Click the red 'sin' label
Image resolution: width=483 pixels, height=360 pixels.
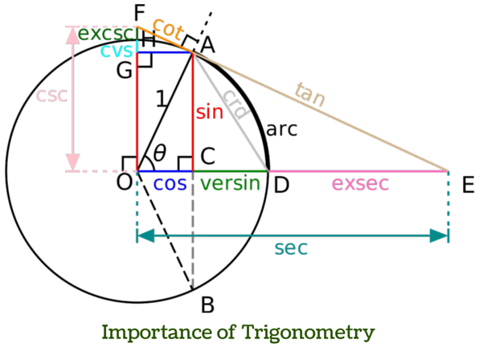coord(209,111)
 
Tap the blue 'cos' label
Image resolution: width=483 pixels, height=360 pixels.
coord(170,184)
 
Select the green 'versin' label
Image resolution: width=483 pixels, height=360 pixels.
coord(231,184)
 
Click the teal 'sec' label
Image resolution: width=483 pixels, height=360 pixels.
coord(291,248)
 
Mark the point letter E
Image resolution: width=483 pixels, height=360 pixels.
coord(467,184)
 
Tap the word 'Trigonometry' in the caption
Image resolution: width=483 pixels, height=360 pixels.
coord(319,332)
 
